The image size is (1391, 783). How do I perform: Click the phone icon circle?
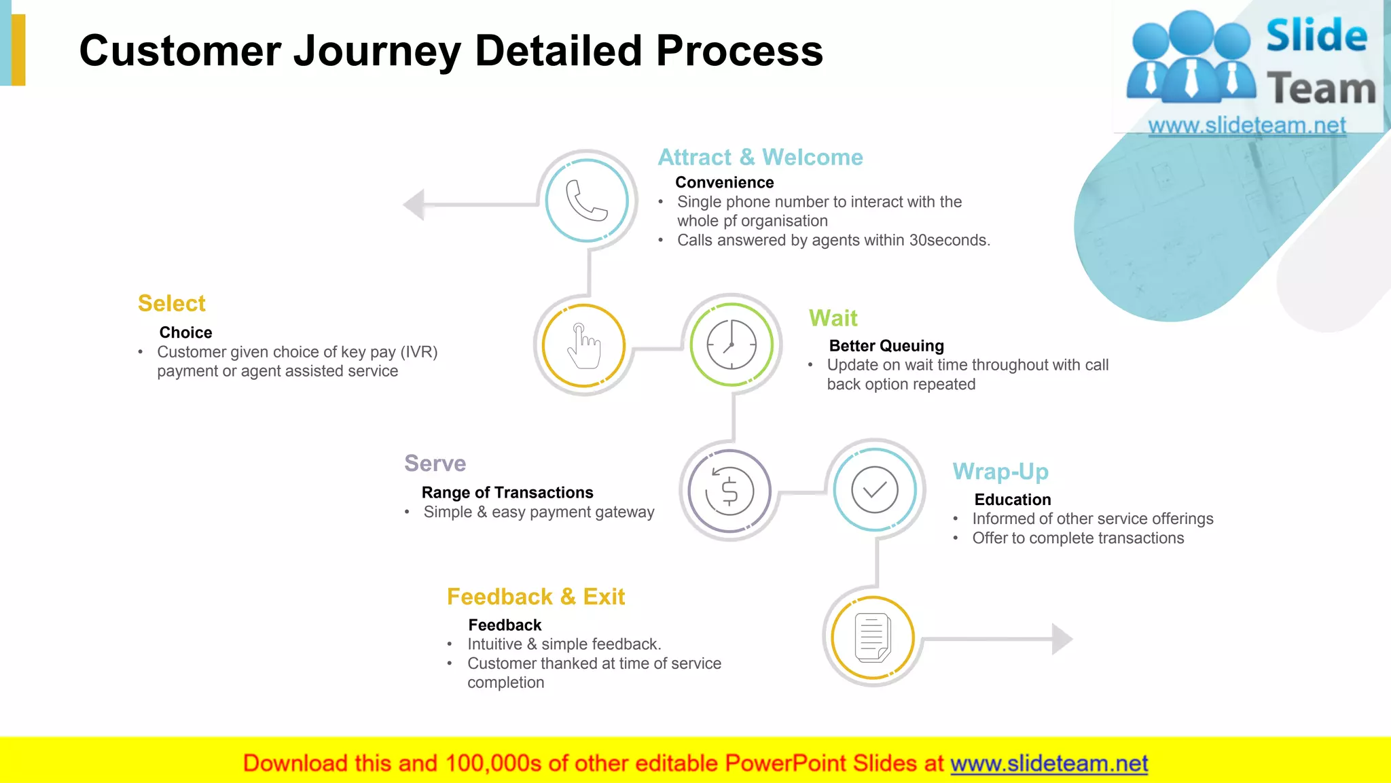click(587, 201)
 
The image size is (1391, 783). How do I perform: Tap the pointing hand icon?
click(583, 346)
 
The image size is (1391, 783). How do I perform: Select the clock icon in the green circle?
click(731, 345)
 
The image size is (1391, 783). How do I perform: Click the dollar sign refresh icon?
click(729, 491)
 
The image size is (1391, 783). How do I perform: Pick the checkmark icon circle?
click(875, 489)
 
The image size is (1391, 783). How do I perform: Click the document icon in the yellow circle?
click(873, 638)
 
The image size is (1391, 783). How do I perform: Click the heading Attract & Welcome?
click(760, 157)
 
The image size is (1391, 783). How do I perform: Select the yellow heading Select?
click(171, 303)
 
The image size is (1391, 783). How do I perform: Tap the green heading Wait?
click(833, 318)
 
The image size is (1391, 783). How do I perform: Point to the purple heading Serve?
click(435, 464)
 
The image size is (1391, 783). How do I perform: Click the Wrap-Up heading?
click(1000, 471)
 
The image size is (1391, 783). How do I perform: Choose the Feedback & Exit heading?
click(536, 597)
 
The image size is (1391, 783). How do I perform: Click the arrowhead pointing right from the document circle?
click(1062, 639)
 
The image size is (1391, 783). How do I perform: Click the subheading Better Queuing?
click(886, 346)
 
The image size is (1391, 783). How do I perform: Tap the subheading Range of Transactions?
click(507, 492)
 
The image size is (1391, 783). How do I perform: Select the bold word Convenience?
click(724, 182)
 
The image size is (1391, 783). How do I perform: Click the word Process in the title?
click(739, 51)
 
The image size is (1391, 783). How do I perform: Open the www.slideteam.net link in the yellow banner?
click(1049, 763)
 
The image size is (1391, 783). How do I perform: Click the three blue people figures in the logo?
click(1190, 58)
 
